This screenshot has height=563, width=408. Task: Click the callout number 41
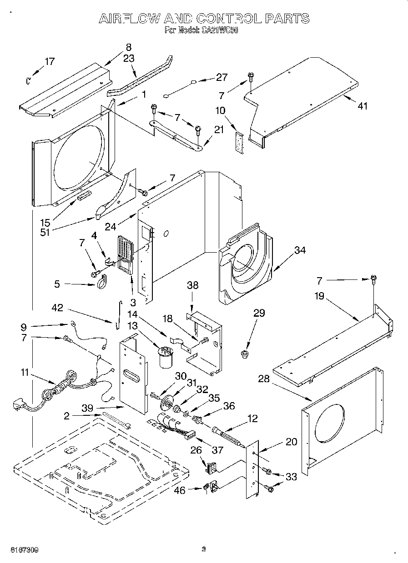362,106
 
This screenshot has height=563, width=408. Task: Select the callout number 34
300,250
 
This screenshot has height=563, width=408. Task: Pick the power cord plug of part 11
20,404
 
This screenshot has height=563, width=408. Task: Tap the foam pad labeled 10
239,141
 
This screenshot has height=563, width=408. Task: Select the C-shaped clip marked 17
28,81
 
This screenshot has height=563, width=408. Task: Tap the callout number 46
180,490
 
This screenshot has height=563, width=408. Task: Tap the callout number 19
319,296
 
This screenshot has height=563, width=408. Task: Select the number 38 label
193,285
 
